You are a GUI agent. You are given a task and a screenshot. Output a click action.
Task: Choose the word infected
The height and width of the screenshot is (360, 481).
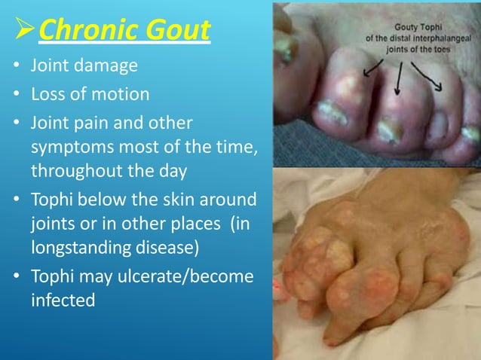tap(63, 300)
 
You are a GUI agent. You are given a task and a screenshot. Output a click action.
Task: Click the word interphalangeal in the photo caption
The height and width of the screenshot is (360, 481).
tap(443, 38)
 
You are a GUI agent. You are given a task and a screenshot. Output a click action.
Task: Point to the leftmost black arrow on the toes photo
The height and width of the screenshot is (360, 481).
tap(369, 71)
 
